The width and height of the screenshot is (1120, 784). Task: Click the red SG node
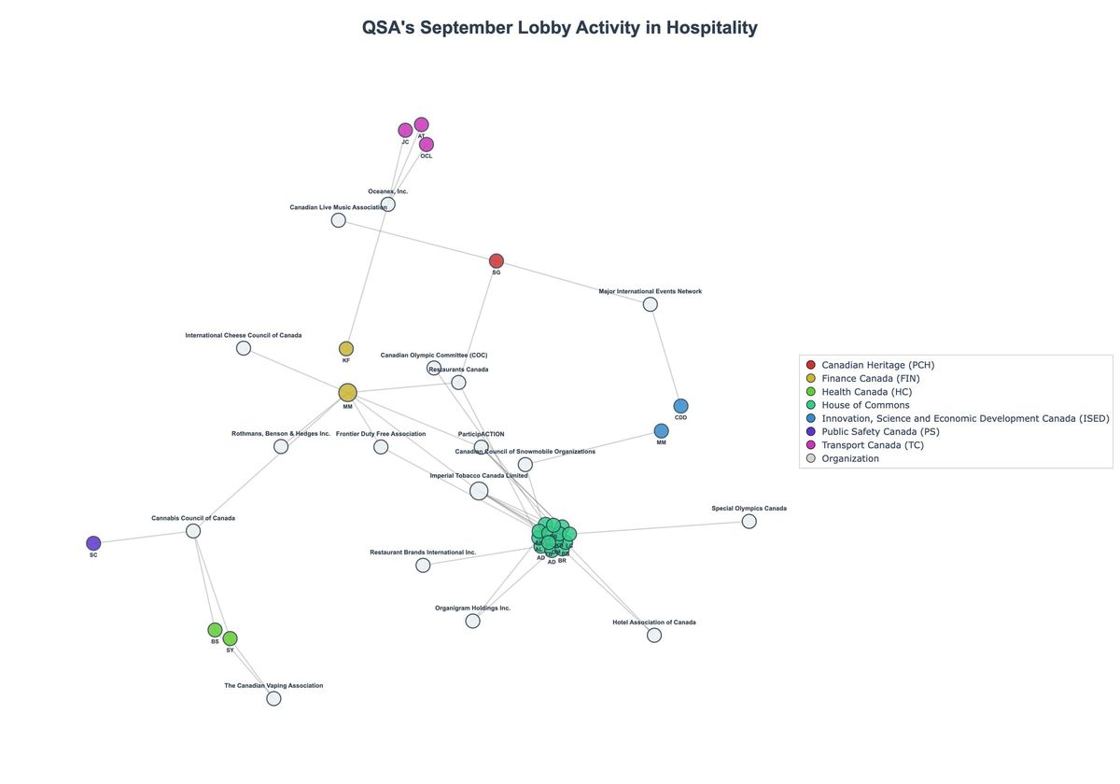click(497, 261)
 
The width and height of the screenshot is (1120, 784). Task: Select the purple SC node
click(93, 543)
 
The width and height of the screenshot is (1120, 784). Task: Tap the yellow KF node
click(346, 349)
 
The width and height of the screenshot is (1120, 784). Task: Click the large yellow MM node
click(348, 393)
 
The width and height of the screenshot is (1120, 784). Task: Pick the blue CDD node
click(680, 406)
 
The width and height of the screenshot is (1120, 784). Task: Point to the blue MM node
click(661, 431)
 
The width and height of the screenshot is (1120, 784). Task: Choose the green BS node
click(215, 630)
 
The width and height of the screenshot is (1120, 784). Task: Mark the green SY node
click(231, 638)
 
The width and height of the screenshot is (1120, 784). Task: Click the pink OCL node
click(427, 145)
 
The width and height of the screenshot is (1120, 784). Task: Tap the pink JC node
click(405, 131)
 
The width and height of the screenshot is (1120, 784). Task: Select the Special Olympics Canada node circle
click(749, 522)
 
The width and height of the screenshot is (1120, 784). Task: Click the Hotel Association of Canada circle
click(654, 636)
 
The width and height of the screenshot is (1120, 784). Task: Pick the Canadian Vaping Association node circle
click(273, 698)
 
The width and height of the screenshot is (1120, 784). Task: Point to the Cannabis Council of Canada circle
click(193, 531)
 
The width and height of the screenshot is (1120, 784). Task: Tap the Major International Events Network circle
click(651, 304)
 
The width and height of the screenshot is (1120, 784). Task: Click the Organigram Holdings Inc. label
click(472, 609)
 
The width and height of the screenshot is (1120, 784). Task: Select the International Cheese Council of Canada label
click(243, 335)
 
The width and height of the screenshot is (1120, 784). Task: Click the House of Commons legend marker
click(810, 405)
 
